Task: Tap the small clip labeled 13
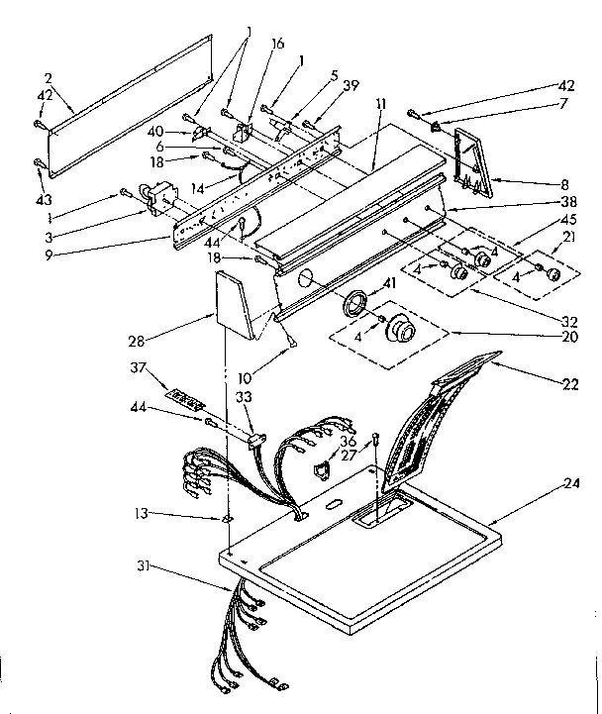click(x=228, y=518)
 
